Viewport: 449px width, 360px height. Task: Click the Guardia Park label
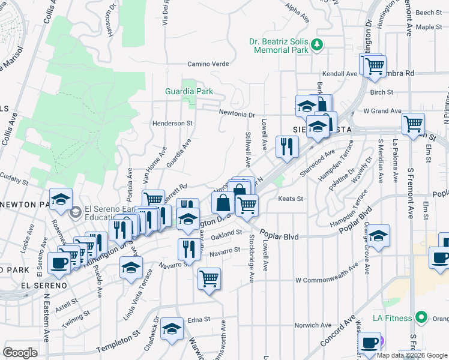point(189,92)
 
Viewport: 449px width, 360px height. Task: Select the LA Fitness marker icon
point(421,317)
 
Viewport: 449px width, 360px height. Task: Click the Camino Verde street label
point(208,64)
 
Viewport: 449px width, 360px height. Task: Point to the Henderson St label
point(172,123)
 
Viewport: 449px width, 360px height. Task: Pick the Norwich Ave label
point(313,325)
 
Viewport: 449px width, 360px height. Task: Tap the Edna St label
point(200,320)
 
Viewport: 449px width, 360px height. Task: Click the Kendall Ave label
point(339,74)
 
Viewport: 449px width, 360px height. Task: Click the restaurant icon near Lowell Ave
point(287,146)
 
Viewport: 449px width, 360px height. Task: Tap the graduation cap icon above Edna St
point(172,328)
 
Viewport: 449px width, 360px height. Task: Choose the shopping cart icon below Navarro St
point(209,278)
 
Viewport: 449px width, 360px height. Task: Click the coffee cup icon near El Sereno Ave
point(59,263)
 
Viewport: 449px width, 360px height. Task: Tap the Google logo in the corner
point(20,353)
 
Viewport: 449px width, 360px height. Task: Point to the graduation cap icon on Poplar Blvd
point(378,236)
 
